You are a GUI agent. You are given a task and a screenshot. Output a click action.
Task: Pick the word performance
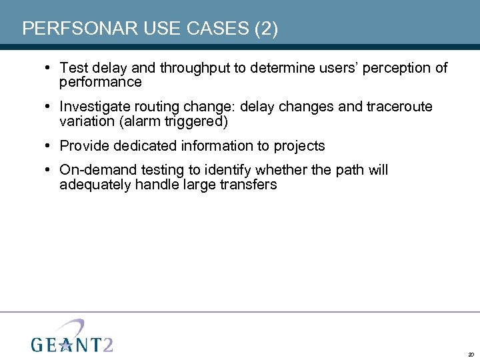[101, 83]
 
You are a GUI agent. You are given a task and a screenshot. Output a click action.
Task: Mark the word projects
[299, 145]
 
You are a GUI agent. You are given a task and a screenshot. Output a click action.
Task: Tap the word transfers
[247, 185]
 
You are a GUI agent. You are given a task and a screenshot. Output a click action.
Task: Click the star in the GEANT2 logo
[65, 344]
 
